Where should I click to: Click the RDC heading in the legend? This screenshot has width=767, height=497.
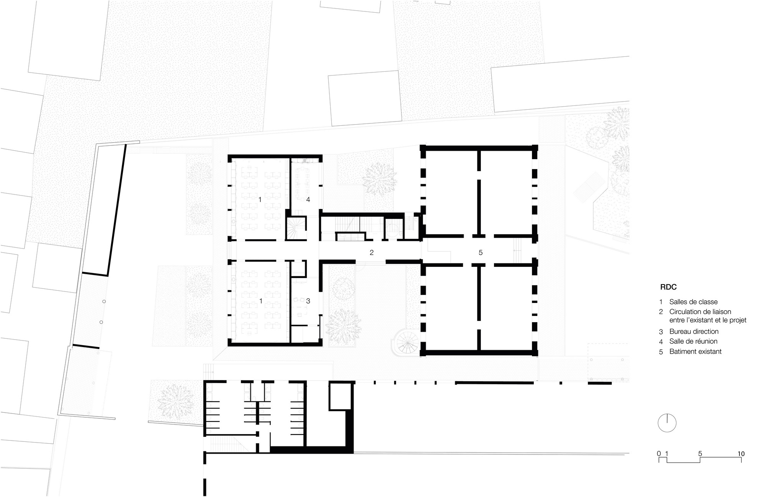click(x=668, y=287)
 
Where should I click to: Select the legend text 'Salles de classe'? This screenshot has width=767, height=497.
click(x=693, y=302)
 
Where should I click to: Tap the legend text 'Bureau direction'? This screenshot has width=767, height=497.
click(x=694, y=331)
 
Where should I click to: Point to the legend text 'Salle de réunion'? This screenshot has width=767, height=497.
click(x=693, y=341)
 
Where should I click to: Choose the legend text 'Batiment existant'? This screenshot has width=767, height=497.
click(x=696, y=351)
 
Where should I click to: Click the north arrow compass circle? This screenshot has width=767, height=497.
click(x=667, y=423)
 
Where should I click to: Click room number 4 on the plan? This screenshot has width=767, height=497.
click(x=308, y=199)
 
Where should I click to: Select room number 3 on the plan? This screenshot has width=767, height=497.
click(x=308, y=301)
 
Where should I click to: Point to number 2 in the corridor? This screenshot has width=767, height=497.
click(x=371, y=252)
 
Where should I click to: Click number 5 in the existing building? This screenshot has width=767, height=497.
click(x=481, y=252)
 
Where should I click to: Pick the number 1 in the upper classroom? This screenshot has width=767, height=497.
click(x=260, y=199)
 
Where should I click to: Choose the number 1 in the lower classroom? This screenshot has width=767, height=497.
click(x=261, y=301)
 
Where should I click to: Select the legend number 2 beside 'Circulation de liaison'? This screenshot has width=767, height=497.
click(x=661, y=312)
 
